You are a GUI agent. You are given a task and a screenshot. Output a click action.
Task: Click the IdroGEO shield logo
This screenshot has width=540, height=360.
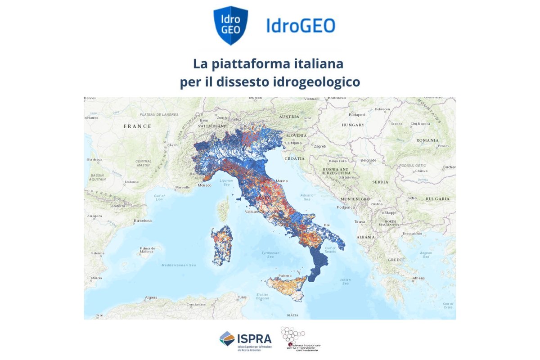[x=230, y=25]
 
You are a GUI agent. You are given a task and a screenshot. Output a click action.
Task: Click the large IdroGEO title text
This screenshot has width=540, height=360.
[x=300, y=25]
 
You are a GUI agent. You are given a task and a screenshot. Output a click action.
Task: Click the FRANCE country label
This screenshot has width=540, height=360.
[x=138, y=126]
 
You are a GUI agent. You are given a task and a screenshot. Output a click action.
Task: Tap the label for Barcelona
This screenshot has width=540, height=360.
[x=142, y=221]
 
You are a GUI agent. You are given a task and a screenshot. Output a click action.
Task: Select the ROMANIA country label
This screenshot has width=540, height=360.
[x=427, y=140]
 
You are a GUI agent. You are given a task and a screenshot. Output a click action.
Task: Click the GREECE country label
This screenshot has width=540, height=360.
[x=396, y=260]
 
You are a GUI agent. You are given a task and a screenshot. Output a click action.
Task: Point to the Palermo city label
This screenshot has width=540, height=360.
[x=285, y=275]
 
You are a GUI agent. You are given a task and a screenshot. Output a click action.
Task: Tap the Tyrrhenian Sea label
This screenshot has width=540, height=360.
[x=271, y=255]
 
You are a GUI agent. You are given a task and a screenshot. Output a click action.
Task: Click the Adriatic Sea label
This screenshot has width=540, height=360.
[x=307, y=198]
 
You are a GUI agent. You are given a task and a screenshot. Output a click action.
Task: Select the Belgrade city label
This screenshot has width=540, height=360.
[x=368, y=160]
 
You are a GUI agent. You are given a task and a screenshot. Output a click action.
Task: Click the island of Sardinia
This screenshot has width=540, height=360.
[x=221, y=245]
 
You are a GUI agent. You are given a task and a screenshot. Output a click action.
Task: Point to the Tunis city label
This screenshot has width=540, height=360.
[x=242, y=297]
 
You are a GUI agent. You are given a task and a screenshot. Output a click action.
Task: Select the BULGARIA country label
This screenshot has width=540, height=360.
[x=437, y=198]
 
